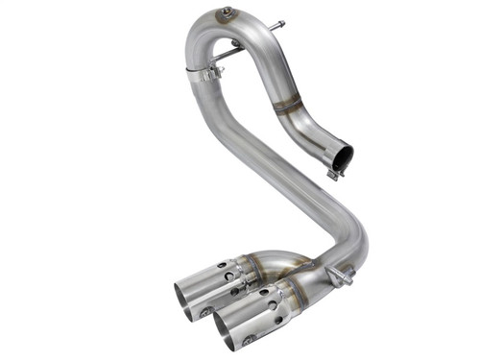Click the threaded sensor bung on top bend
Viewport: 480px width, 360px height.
pos(227,13)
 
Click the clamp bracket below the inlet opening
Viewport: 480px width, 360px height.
pos(335,174)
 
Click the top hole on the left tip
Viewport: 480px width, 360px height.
pos(226,264)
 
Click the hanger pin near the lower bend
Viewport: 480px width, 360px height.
pos(339,276)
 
